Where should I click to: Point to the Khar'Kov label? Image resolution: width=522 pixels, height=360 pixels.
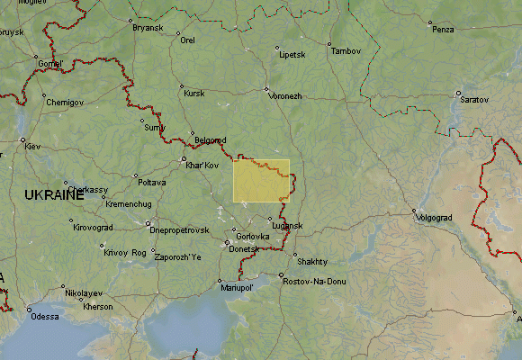pos(202,166)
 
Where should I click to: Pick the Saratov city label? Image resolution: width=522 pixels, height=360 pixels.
pos(474,98)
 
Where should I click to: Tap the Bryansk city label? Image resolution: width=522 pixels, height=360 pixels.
pos(148,28)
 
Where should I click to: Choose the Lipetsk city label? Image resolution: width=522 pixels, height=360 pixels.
pos(292,54)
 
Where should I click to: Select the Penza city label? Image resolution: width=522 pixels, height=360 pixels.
pos(443,30)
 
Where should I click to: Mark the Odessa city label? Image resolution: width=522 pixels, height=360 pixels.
pos(43,317)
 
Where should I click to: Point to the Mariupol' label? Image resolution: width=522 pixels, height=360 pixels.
pos(238,288)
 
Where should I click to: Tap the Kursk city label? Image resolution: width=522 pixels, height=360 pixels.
pos(193,93)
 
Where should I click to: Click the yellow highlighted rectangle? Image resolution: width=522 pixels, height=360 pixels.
pos(261,181)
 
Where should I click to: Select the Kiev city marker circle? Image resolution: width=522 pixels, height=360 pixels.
pos(23,139)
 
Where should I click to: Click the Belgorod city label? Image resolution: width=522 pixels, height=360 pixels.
pos(211,140)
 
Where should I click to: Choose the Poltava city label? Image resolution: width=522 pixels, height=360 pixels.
pos(151,182)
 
